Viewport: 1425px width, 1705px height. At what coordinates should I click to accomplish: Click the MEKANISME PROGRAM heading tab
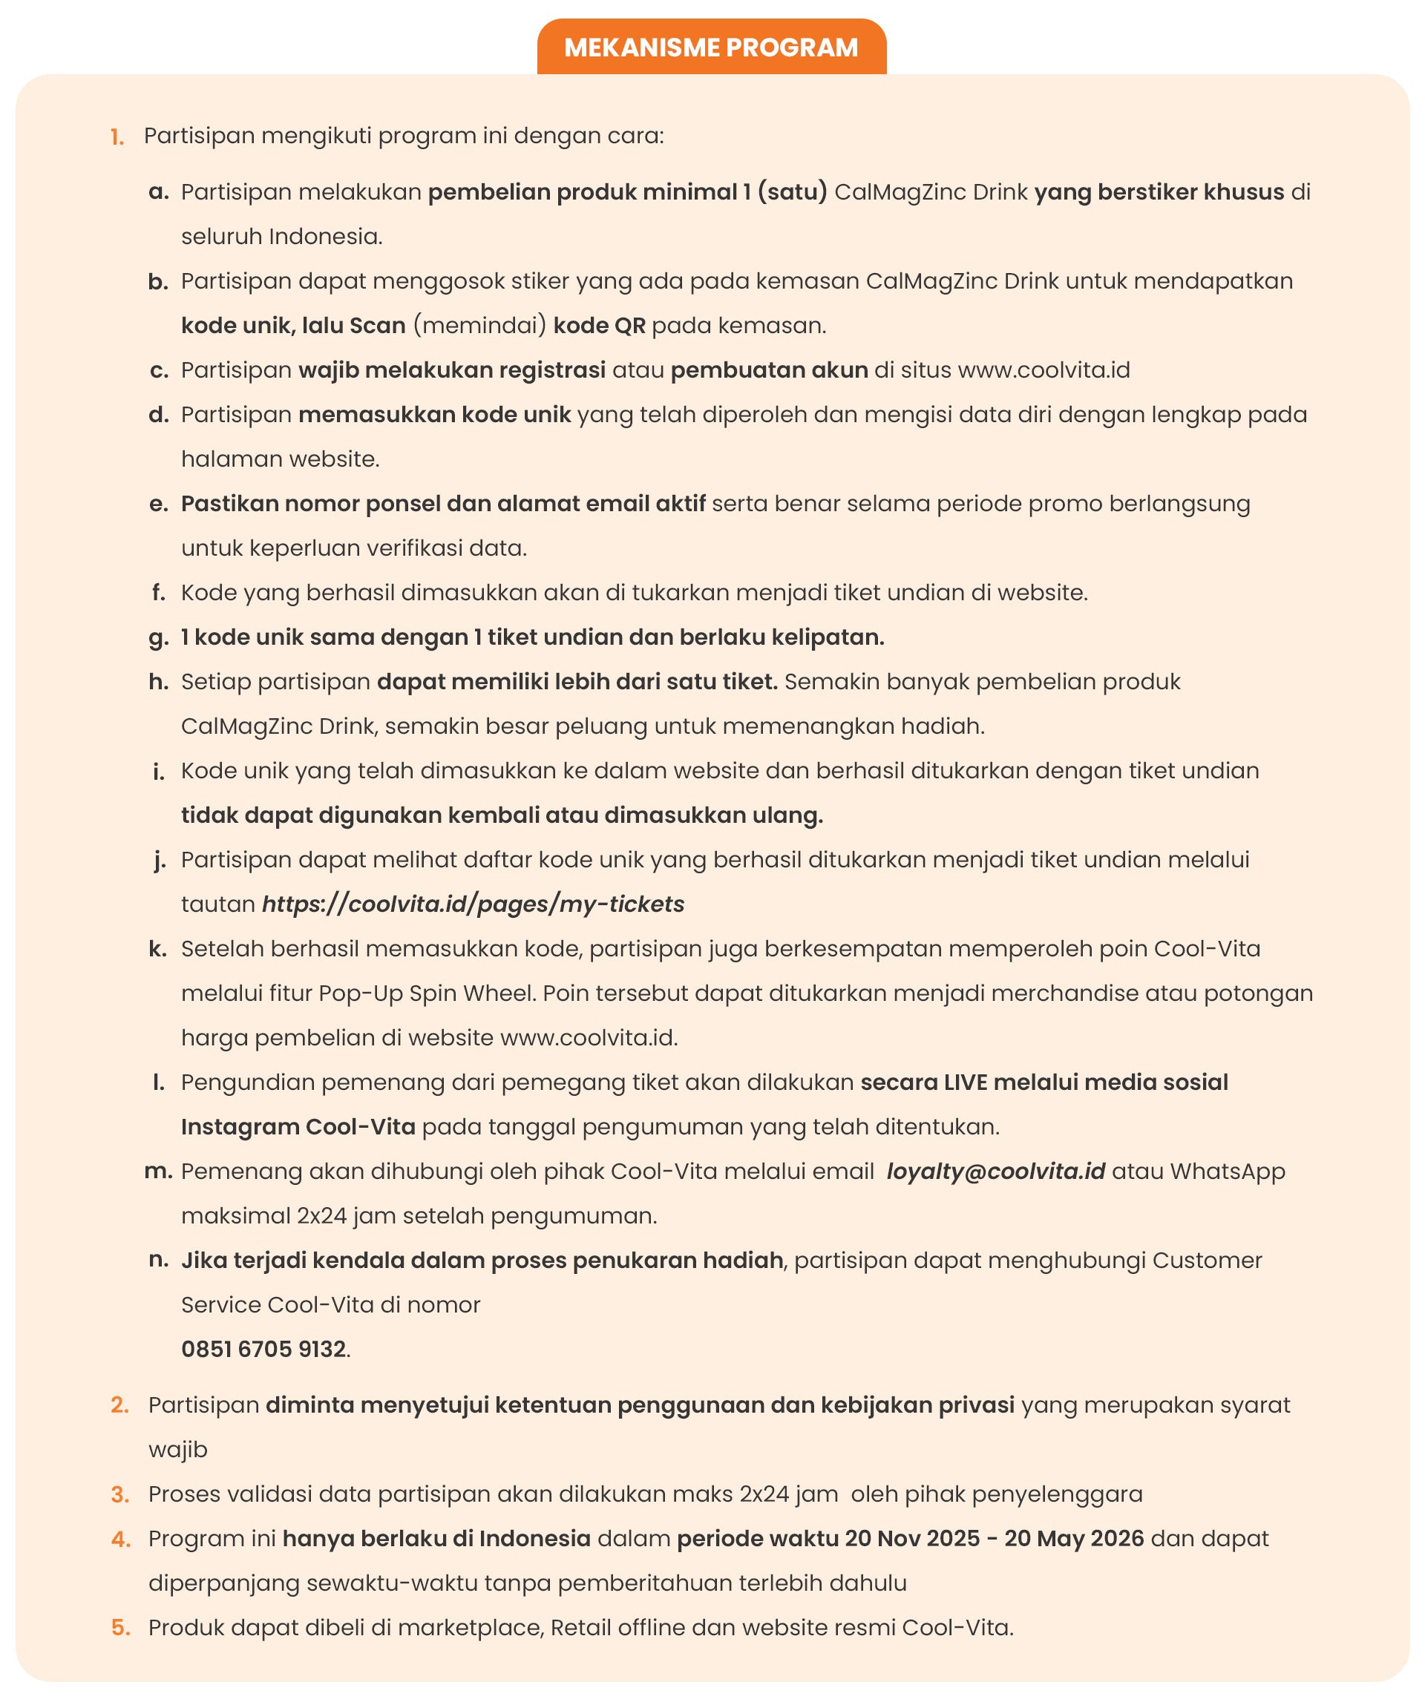(x=710, y=47)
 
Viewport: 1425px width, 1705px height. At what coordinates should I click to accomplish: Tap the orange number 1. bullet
(x=118, y=137)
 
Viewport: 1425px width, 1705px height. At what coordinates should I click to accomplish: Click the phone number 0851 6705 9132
(x=264, y=1350)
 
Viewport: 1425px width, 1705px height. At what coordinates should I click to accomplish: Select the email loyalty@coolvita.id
(x=995, y=1172)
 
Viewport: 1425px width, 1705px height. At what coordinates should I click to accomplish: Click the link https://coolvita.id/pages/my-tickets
(x=473, y=904)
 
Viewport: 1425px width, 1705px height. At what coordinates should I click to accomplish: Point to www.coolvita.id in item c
(x=1044, y=370)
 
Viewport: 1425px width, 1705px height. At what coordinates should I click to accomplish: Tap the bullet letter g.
(x=157, y=638)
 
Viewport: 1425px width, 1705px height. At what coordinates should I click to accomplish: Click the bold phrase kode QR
(x=599, y=326)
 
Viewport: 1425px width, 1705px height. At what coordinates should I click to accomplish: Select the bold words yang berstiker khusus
(x=1159, y=192)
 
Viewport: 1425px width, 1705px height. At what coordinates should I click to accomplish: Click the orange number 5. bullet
(x=120, y=1628)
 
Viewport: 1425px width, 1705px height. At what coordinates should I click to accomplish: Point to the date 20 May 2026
(x=1073, y=1539)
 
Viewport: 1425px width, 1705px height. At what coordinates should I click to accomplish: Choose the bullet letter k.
(x=157, y=949)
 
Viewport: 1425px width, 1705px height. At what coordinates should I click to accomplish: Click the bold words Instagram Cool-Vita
(x=298, y=1127)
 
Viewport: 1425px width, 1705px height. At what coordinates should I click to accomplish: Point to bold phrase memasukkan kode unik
(x=434, y=415)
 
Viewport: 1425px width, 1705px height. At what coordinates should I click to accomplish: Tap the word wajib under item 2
(x=178, y=1450)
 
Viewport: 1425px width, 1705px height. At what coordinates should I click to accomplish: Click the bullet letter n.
(x=158, y=1260)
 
